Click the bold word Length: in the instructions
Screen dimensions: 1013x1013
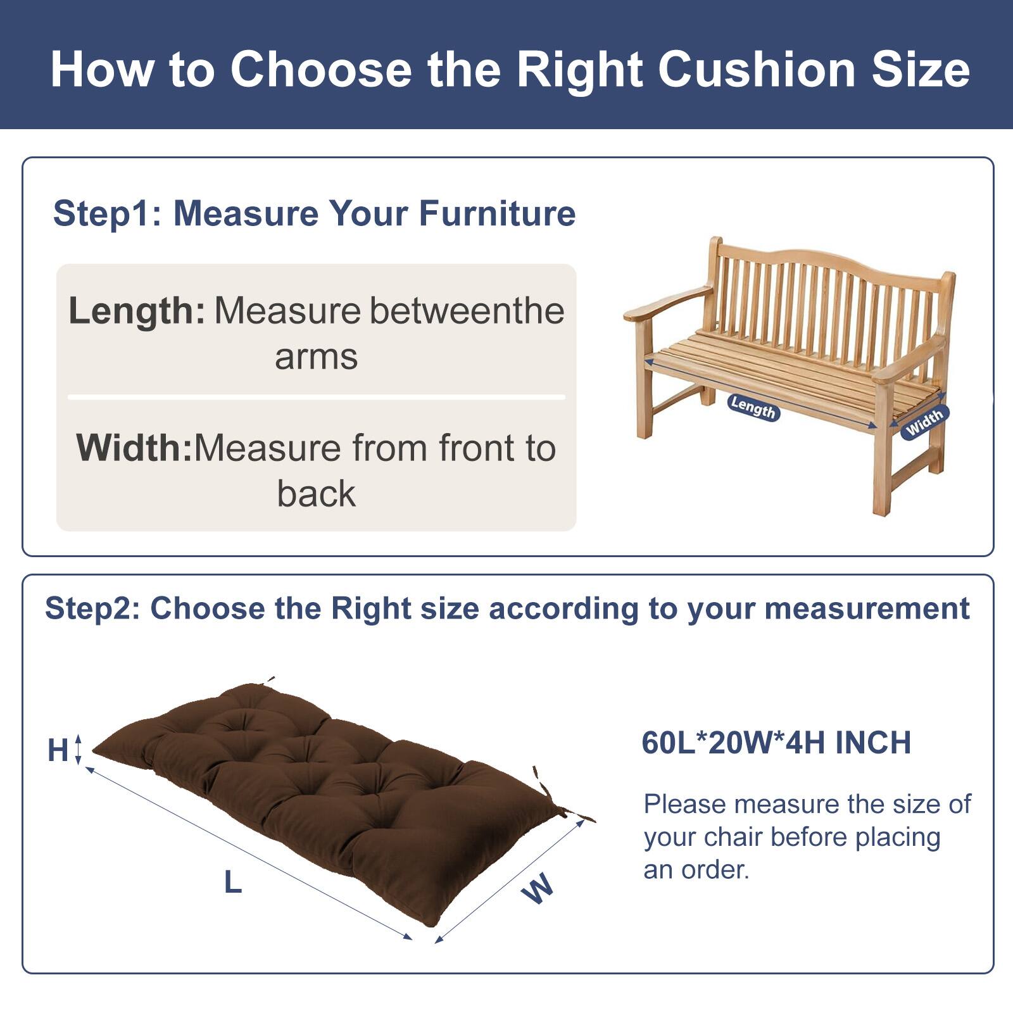point(137,311)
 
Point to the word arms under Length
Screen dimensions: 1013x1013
point(316,356)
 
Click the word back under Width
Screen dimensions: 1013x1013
point(316,494)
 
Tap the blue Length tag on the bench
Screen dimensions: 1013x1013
point(753,407)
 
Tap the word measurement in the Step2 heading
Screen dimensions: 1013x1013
point(867,608)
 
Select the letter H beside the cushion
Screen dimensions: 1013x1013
point(58,751)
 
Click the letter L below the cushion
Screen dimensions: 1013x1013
point(233,882)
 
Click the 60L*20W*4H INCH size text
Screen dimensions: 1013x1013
point(776,743)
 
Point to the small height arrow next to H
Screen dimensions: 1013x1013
point(79,749)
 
